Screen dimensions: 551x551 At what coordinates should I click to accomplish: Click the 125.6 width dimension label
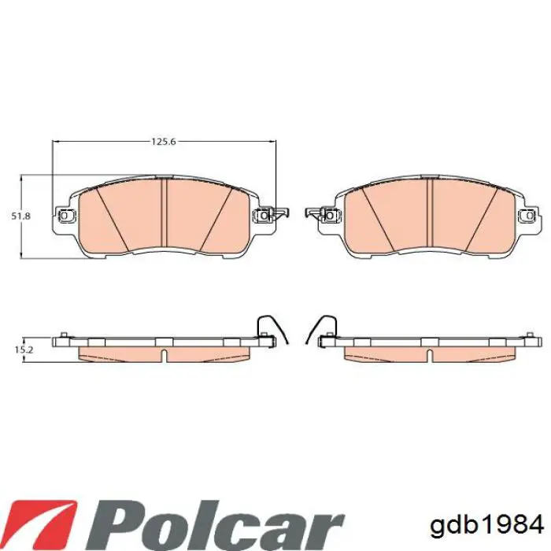point(163,142)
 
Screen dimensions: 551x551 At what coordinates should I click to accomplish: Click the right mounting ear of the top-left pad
point(261,215)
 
